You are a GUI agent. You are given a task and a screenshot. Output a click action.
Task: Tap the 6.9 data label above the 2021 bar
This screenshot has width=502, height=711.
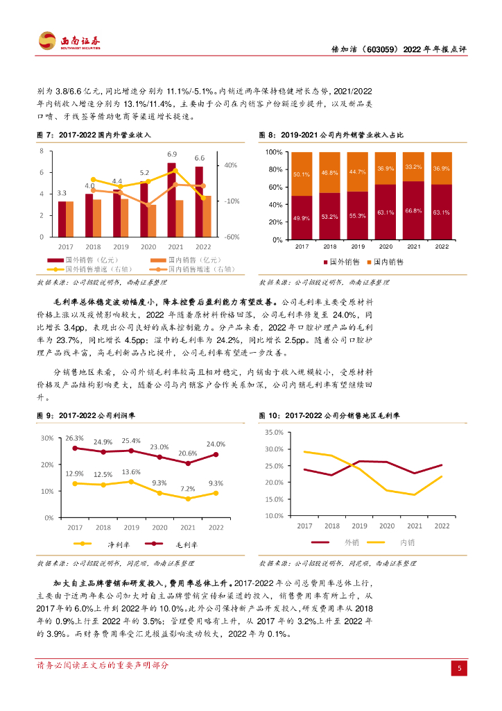172,154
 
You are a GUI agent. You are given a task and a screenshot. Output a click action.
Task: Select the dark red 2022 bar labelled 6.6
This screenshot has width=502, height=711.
199,201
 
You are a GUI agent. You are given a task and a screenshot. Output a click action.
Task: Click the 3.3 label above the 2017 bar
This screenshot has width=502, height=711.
62,193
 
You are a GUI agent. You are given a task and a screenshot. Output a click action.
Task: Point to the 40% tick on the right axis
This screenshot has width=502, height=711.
230,165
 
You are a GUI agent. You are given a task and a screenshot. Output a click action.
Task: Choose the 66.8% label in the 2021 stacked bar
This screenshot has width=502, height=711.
413,210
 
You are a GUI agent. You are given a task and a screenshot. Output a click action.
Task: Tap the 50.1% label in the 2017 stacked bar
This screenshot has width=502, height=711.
301,174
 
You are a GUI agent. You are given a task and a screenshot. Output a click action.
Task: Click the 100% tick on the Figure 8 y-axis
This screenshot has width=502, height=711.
274,152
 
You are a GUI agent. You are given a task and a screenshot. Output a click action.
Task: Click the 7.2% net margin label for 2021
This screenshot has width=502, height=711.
188,489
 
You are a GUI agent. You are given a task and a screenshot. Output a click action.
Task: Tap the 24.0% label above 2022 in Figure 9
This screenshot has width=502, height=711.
216,444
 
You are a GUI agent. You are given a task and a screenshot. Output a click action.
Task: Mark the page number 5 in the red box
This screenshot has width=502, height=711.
458,668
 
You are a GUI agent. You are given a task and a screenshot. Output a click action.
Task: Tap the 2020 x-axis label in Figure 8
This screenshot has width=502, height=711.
386,246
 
